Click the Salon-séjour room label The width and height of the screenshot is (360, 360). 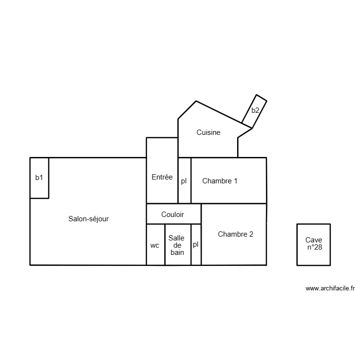(x=88, y=219)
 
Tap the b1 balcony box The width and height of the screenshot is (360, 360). (x=39, y=178)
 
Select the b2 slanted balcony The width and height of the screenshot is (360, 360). (x=256, y=110)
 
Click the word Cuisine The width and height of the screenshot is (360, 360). (x=208, y=132)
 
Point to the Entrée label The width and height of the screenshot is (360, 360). (x=162, y=177)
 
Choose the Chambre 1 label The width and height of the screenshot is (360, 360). (x=220, y=181)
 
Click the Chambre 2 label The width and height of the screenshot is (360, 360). (x=235, y=234)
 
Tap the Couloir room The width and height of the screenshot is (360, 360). (x=173, y=215)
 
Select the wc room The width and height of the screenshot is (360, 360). (x=155, y=245)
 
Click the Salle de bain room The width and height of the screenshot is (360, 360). (x=177, y=245)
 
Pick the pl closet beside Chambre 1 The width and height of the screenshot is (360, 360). (x=184, y=181)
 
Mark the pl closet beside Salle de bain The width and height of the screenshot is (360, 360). (x=196, y=244)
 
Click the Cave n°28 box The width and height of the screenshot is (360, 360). (x=313, y=244)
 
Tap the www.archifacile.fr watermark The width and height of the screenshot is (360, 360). (x=330, y=288)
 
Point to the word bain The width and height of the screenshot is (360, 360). (x=177, y=252)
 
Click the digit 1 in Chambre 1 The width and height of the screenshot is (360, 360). (x=235, y=181)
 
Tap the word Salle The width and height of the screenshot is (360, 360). (x=176, y=238)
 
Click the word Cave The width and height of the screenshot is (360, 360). (x=313, y=240)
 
